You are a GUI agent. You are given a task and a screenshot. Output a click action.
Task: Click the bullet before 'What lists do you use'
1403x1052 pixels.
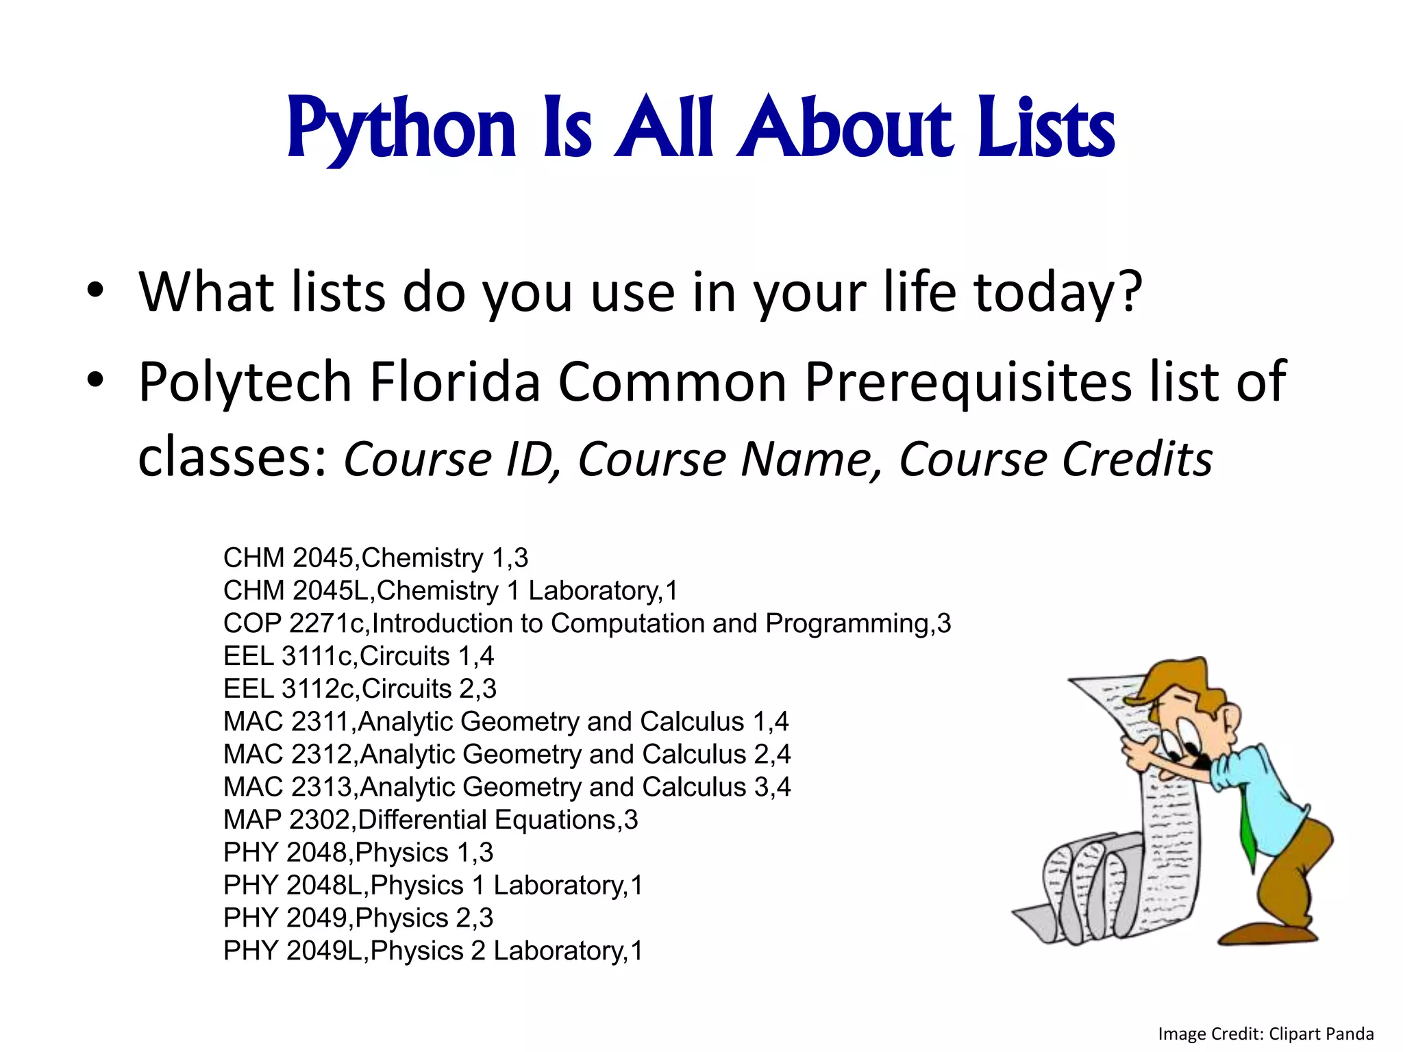95,291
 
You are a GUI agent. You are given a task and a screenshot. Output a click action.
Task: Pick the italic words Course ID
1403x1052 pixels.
452,459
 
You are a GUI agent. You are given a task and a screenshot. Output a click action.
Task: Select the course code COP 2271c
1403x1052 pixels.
294,624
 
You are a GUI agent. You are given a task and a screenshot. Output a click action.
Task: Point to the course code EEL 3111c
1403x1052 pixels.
288,657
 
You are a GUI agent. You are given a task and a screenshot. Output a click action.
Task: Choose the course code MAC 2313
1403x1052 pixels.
288,788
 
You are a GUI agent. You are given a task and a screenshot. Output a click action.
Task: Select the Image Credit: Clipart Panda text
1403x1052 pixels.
1265,1034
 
